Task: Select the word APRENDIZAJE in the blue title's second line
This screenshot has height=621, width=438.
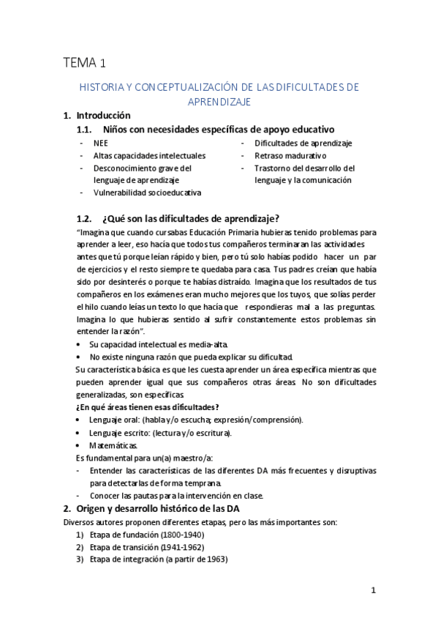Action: tap(219, 101)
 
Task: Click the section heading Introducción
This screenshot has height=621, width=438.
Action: tap(103, 115)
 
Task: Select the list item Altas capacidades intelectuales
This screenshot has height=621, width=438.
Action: tap(149, 155)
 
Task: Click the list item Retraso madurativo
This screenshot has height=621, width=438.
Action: tap(290, 155)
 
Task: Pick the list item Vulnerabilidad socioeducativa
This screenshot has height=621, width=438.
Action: tap(147, 193)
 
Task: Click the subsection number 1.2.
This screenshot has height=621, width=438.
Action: tap(86, 217)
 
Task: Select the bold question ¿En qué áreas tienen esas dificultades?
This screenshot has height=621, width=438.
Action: tap(148, 406)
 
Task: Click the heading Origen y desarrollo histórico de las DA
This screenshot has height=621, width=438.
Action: tap(158, 509)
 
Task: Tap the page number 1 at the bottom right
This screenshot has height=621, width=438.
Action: tap(373, 590)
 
